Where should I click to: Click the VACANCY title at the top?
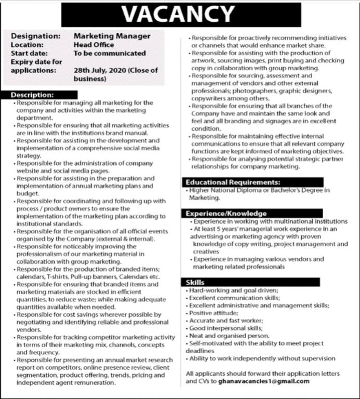click(179, 15)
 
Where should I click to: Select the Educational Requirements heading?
click(234, 182)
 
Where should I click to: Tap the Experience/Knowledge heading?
click(226, 213)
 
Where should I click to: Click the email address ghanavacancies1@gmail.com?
click(264, 381)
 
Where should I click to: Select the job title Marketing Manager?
click(112, 36)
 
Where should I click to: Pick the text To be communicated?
click(110, 53)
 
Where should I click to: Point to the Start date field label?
click(30, 53)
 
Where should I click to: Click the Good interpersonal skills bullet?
click(226, 328)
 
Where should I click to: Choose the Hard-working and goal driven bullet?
click(234, 290)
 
